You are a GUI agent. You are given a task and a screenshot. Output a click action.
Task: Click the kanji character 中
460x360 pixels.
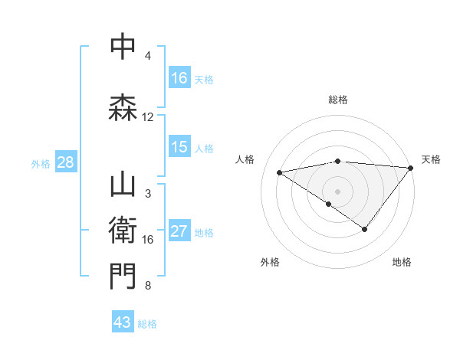pos(123,47)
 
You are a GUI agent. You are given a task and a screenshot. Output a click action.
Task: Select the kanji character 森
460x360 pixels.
pos(123,107)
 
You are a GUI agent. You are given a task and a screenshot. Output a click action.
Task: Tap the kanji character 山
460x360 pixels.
pos(123,186)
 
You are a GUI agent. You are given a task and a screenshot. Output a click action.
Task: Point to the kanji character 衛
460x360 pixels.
pos(123,230)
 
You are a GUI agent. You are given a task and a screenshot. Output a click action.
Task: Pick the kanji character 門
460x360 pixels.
pos(123,277)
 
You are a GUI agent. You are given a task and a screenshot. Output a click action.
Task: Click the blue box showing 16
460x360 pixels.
pos(179,78)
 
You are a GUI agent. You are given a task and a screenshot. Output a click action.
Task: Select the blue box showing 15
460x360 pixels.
pos(179,147)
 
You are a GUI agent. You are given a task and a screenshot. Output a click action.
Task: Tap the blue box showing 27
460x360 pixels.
pos(179,232)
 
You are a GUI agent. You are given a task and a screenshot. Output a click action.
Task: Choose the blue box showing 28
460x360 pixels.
pos(65,162)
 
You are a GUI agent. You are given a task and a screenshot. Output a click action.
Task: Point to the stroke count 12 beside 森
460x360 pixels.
pos(148,117)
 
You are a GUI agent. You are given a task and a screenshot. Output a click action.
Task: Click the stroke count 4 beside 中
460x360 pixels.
pos(148,56)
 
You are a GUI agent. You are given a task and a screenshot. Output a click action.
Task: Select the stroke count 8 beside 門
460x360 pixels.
pos(148,286)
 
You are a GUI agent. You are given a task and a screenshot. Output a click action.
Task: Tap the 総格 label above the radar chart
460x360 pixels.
pos(337,100)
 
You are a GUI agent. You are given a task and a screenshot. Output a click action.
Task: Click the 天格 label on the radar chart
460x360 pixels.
pos(431,159)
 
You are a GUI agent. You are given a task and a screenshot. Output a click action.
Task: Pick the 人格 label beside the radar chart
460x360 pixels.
pos(245,159)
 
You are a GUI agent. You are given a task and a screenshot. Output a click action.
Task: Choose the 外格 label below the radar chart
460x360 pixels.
pos(270,262)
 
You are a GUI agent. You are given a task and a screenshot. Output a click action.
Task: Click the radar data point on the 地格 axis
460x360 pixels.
pos(365,229)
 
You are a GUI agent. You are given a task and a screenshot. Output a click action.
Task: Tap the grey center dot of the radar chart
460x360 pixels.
pos(337,191)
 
